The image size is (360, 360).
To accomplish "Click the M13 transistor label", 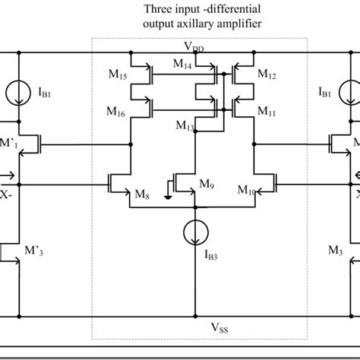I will coord(185,125).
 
